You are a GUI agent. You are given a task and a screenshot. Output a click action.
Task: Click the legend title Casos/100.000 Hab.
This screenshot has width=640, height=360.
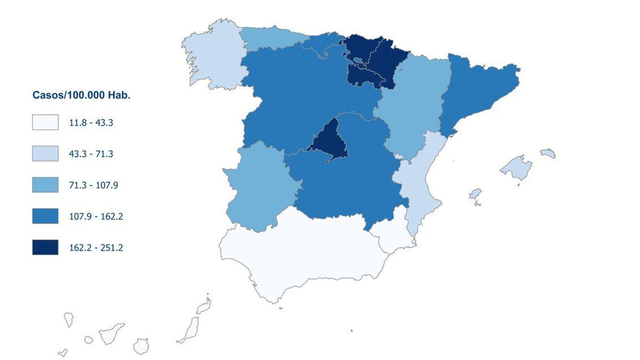(81, 95)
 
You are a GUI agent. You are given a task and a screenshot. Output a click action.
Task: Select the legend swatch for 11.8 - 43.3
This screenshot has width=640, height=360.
(45, 122)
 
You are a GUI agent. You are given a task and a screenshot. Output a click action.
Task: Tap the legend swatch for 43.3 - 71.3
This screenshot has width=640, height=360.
(45, 154)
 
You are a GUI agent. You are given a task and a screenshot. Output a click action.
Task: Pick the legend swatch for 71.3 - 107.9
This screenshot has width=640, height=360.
(45, 185)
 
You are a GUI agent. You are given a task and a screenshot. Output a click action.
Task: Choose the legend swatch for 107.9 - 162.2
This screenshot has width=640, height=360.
(45, 216)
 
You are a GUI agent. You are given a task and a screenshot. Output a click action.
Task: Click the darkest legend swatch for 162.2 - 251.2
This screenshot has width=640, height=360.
(45, 247)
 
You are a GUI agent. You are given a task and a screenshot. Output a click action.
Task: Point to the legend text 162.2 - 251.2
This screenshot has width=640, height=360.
(96, 248)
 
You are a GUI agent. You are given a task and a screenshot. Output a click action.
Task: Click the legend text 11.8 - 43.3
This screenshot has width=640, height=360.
(91, 123)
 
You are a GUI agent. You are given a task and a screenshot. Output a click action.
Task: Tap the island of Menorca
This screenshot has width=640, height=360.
(548, 153)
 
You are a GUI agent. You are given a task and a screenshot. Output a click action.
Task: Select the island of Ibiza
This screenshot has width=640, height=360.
(475, 194)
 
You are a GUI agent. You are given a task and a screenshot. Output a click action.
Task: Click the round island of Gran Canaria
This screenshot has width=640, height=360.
(141, 346)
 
